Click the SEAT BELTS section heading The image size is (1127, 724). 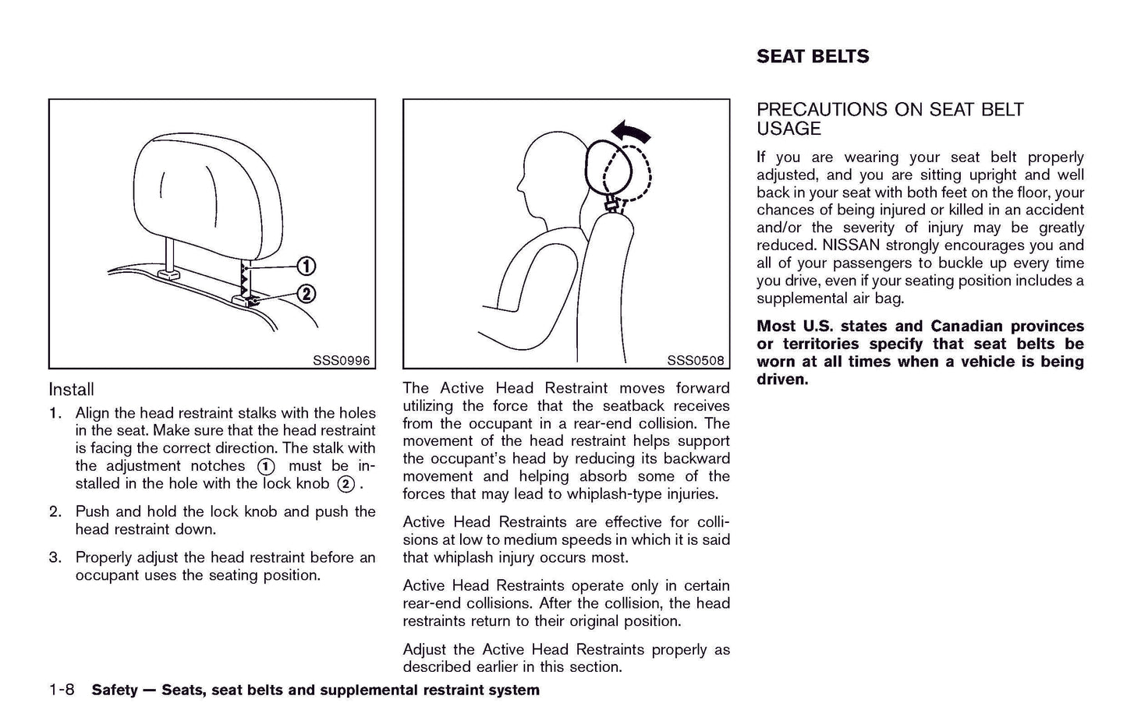[812, 56]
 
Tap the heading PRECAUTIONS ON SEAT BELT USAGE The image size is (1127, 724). [889, 119]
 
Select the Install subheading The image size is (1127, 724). [71, 390]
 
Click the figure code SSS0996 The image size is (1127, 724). [341, 361]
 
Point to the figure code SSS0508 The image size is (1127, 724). [695, 361]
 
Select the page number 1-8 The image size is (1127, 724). [61, 690]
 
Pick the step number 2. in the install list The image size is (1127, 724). [55, 512]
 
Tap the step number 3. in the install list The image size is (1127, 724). [55, 558]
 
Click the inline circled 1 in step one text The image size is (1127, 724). [266, 467]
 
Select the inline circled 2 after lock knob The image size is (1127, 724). [346, 484]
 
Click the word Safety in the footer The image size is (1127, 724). [114, 690]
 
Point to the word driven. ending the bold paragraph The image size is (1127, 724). [782, 380]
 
